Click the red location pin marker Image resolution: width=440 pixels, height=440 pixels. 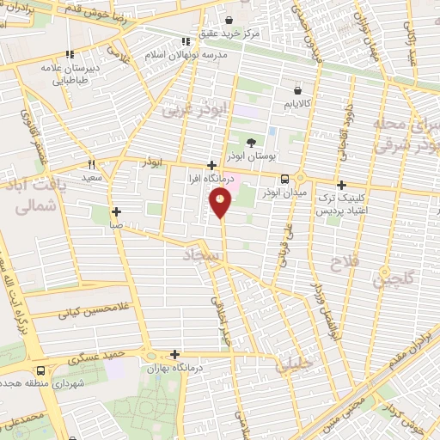pos(221,203)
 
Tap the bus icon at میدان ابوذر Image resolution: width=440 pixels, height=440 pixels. pos(284,179)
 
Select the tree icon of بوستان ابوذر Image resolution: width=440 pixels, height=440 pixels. pos(251,144)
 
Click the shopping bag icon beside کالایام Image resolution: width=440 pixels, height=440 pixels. pos(297,89)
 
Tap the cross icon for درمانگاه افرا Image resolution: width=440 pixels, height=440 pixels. pos(211,166)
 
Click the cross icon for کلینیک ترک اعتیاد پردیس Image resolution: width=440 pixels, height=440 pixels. pos(341,185)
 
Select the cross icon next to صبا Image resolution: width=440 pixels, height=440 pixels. pos(117,211)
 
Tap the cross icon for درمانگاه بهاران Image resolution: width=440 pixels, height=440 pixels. pos(175,353)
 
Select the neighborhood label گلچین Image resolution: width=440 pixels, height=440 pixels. pos(392,279)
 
